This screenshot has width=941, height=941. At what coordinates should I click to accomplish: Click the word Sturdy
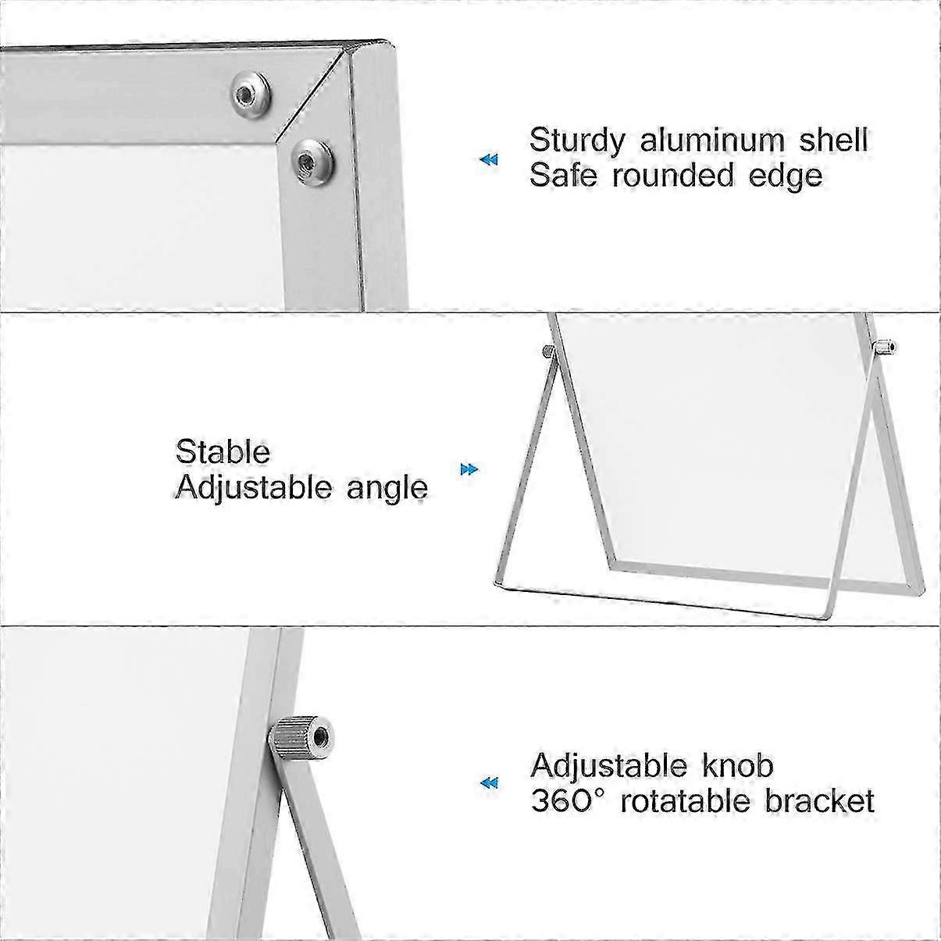pyautogui.click(x=577, y=141)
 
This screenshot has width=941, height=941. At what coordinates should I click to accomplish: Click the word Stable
pyautogui.click(x=223, y=451)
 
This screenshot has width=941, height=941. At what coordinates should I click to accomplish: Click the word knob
pyautogui.click(x=738, y=766)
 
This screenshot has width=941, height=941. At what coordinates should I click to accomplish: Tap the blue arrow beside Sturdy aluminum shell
pyautogui.click(x=489, y=159)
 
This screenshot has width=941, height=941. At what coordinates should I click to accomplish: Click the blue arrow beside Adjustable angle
pyautogui.click(x=469, y=470)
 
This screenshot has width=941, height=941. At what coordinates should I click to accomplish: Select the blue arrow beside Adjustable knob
pyautogui.click(x=489, y=783)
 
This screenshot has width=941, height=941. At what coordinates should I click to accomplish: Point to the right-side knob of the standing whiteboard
pyautogui.click(x=885, y=348)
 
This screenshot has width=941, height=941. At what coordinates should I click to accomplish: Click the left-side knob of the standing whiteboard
pyautogui.click(x=549, y=351)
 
